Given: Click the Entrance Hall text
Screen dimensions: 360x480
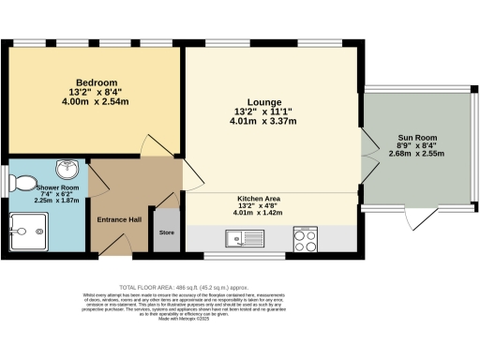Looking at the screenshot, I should (119, 219).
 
